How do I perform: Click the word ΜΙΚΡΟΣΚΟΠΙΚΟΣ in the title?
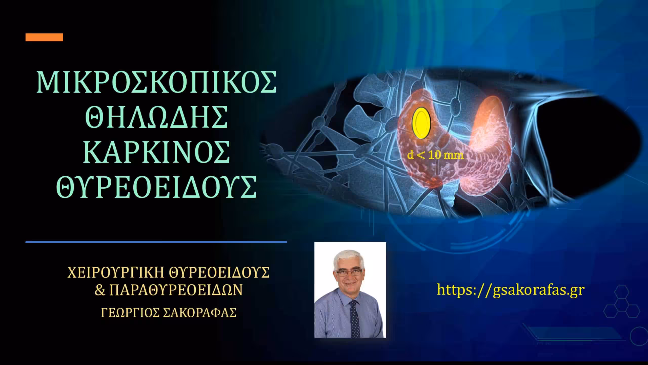pos(157,82)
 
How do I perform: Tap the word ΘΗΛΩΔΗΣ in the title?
pos(157,117)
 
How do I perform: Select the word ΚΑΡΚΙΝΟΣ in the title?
pos(157,153)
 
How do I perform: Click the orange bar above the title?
pos(44,37)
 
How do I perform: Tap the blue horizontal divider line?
pos(156,242)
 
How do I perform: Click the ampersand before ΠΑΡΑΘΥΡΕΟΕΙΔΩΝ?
pos(100,290)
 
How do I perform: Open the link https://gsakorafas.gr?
pos(511,290)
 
